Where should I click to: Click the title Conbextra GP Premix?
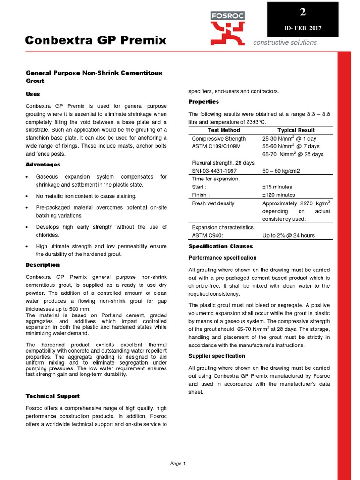coord(96,41)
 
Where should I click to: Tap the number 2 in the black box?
coord(302,12)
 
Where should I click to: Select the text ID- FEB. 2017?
coord(302,29)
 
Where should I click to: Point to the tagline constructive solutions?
coord(285,42)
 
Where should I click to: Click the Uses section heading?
coord(33,94)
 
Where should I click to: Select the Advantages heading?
coord(43,165)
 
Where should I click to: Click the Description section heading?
coord(43,265)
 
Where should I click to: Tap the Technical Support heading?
coord(52,396)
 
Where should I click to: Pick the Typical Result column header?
coord(296,130)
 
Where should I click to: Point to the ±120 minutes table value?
coord(278,195)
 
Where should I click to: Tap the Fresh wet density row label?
coord(213,203)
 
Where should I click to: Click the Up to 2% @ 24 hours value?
coord(288,235)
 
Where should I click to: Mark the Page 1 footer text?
coord(178,464)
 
